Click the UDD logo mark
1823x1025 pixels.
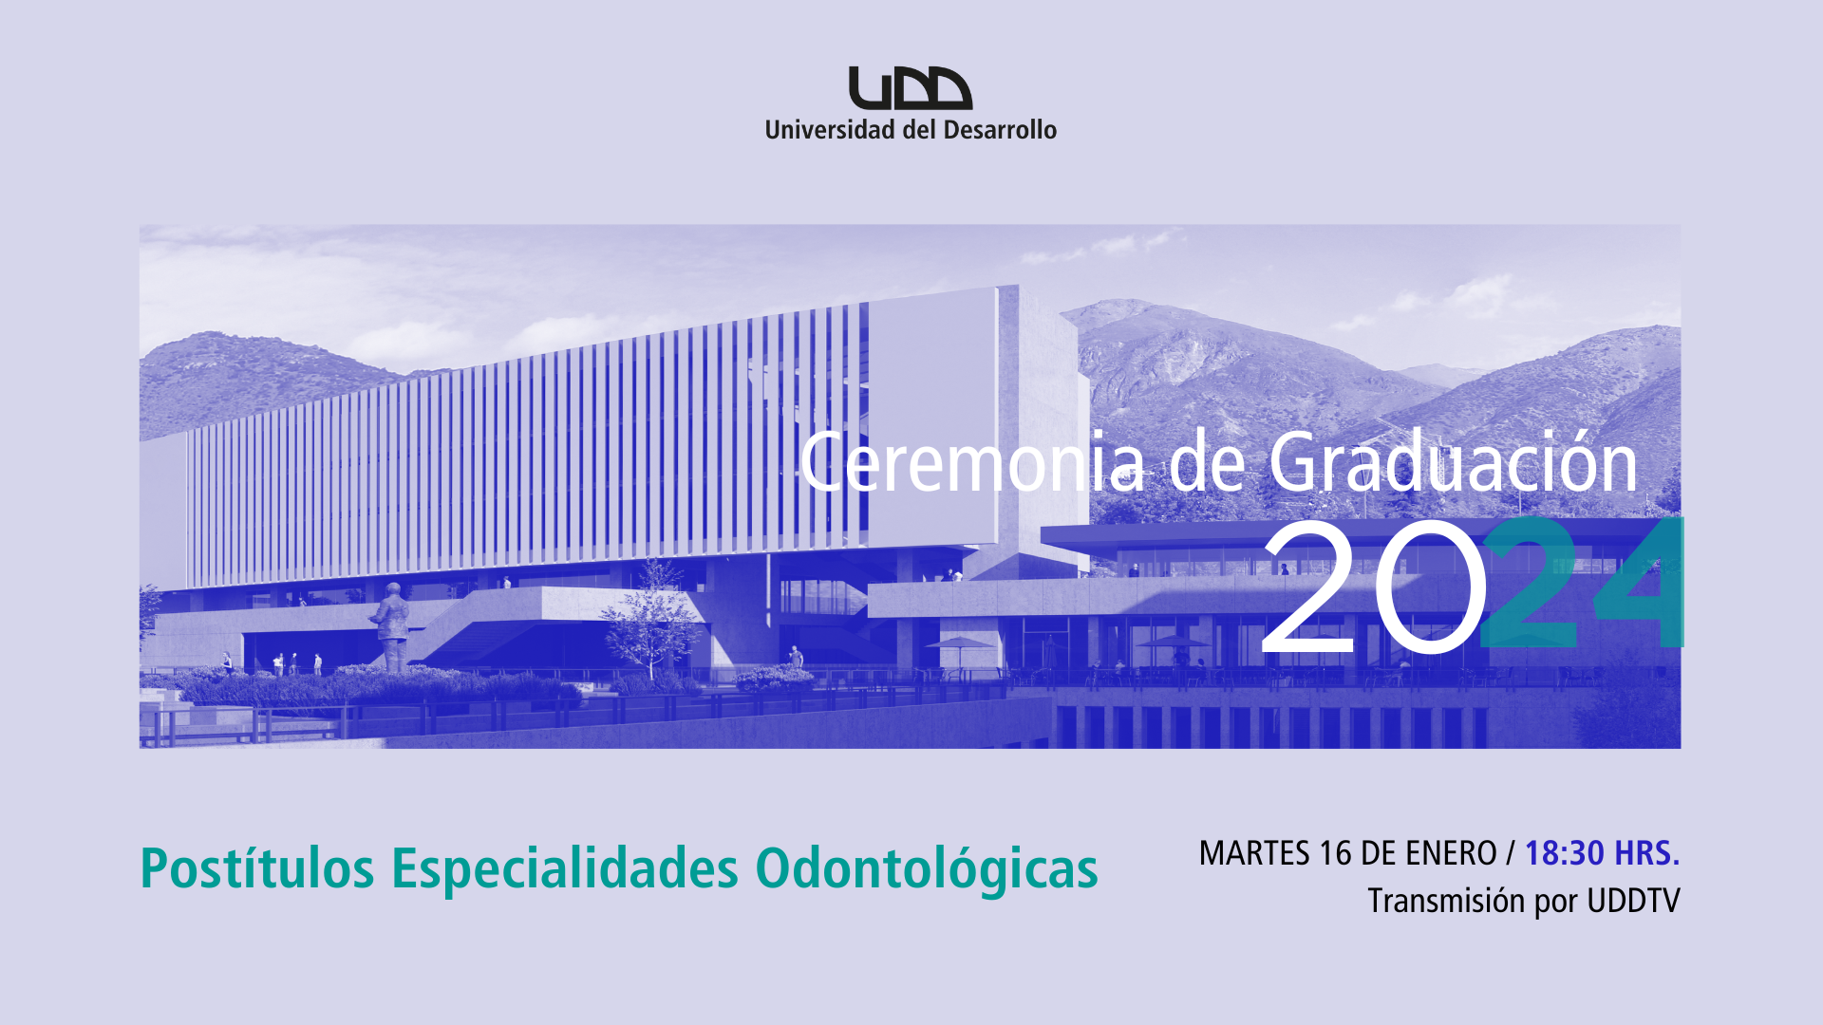tap(911, 88)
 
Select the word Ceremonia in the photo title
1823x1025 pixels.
tap(972, 463)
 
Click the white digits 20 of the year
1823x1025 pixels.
tap(1373, 588)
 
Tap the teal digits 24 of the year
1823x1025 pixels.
tap(1582, 583)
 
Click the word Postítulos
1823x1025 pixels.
tap(257, 868)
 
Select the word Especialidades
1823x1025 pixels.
tap(565, 868)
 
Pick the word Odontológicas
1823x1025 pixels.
tap(927, 869)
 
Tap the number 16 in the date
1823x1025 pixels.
tap(1336, 853)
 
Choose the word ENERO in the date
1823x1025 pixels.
tap(1451, 853)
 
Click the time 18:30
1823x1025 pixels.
tap(1565, 853)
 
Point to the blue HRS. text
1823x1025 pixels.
tap(1647, 853)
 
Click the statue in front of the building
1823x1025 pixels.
tap(390, 627)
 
